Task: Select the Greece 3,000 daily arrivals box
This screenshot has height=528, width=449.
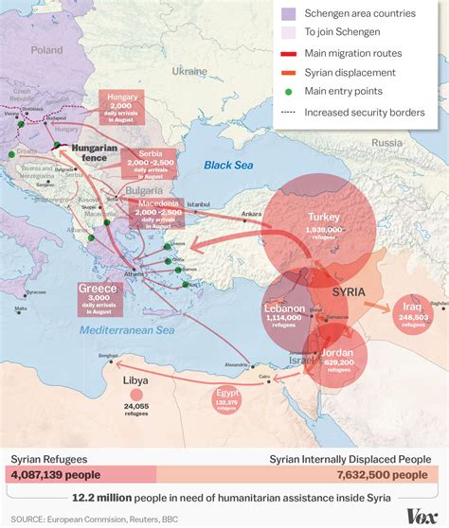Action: [x=97, y=297]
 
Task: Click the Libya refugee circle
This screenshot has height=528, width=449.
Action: [x=136, y=394]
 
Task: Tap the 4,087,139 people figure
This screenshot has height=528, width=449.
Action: [x=54, y=475]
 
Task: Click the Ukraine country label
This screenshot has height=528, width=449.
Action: [x=189, y=71]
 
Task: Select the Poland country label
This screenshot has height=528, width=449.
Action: [x=45, y=49]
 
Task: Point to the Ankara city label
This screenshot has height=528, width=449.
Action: [x=251, y=214]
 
